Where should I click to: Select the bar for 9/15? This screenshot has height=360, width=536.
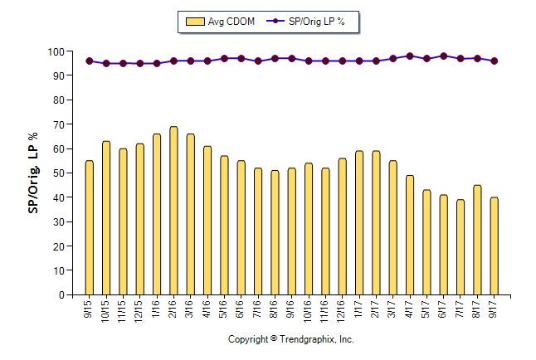pyautogui.click(x=90, y=228)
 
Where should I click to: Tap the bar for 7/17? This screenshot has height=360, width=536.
pyautogui.click(x=460, y=247)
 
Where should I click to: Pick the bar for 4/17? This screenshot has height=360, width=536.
pyautogui.click(x=410, y=235)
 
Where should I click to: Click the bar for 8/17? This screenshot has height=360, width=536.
pyautogui.click(x=477, y=240)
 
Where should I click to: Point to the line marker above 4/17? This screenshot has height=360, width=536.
pyautogui.click(x=410, y=56)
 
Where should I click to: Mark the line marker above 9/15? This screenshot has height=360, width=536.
pyautogui.click(x=90, y=61)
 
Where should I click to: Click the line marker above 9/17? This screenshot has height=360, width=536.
pyautogui.click(x=495, y=61)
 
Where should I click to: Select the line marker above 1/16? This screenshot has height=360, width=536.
pyautogui.click(x=157, y=63)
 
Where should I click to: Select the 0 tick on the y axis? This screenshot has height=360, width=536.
pyautogui.click(x=61, y=295)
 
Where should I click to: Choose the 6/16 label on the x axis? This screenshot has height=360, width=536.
pyautogui.click(x=241, y=309)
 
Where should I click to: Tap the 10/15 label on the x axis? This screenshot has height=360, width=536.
pyautogui.click(x=106, y=310)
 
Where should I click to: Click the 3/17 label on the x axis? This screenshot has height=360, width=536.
pyautogui.click(x=393, y=309)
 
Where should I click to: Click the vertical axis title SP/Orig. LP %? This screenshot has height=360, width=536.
pyautogui.click(x=34, y=173)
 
